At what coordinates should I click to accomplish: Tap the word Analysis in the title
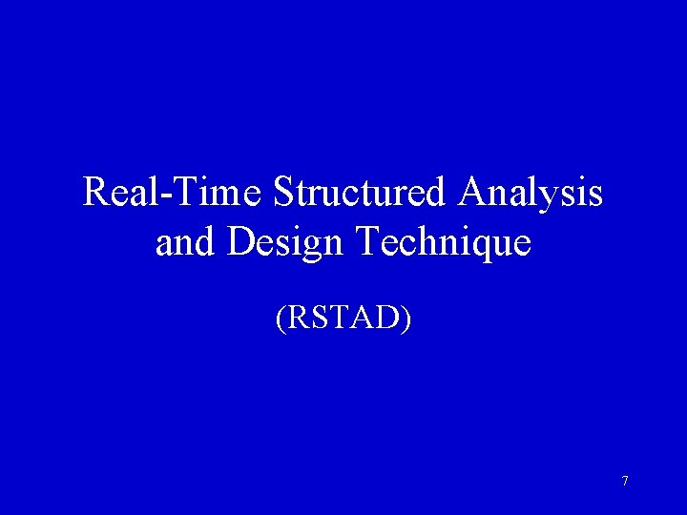530,193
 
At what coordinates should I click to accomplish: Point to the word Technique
443,242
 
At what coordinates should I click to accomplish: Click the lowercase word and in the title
186,242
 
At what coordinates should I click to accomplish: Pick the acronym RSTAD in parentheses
343,319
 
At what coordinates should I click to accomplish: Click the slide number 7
625,482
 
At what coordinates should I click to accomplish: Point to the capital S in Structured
282,193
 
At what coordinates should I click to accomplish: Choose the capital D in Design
239,242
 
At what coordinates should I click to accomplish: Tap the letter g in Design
311,247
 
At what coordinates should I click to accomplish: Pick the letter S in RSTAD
318,319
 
